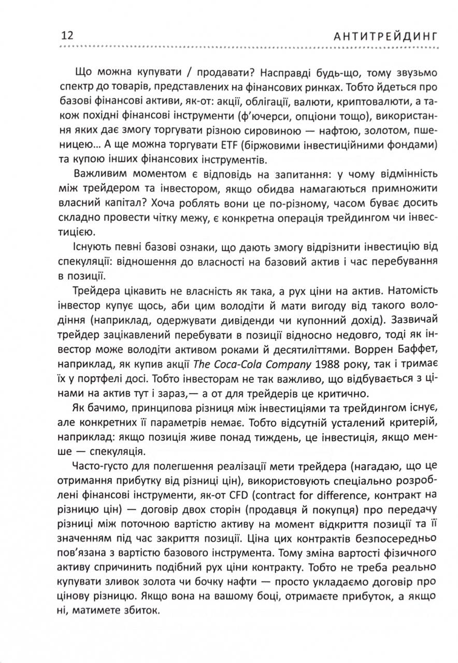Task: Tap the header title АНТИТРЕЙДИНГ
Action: pos(385,36)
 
